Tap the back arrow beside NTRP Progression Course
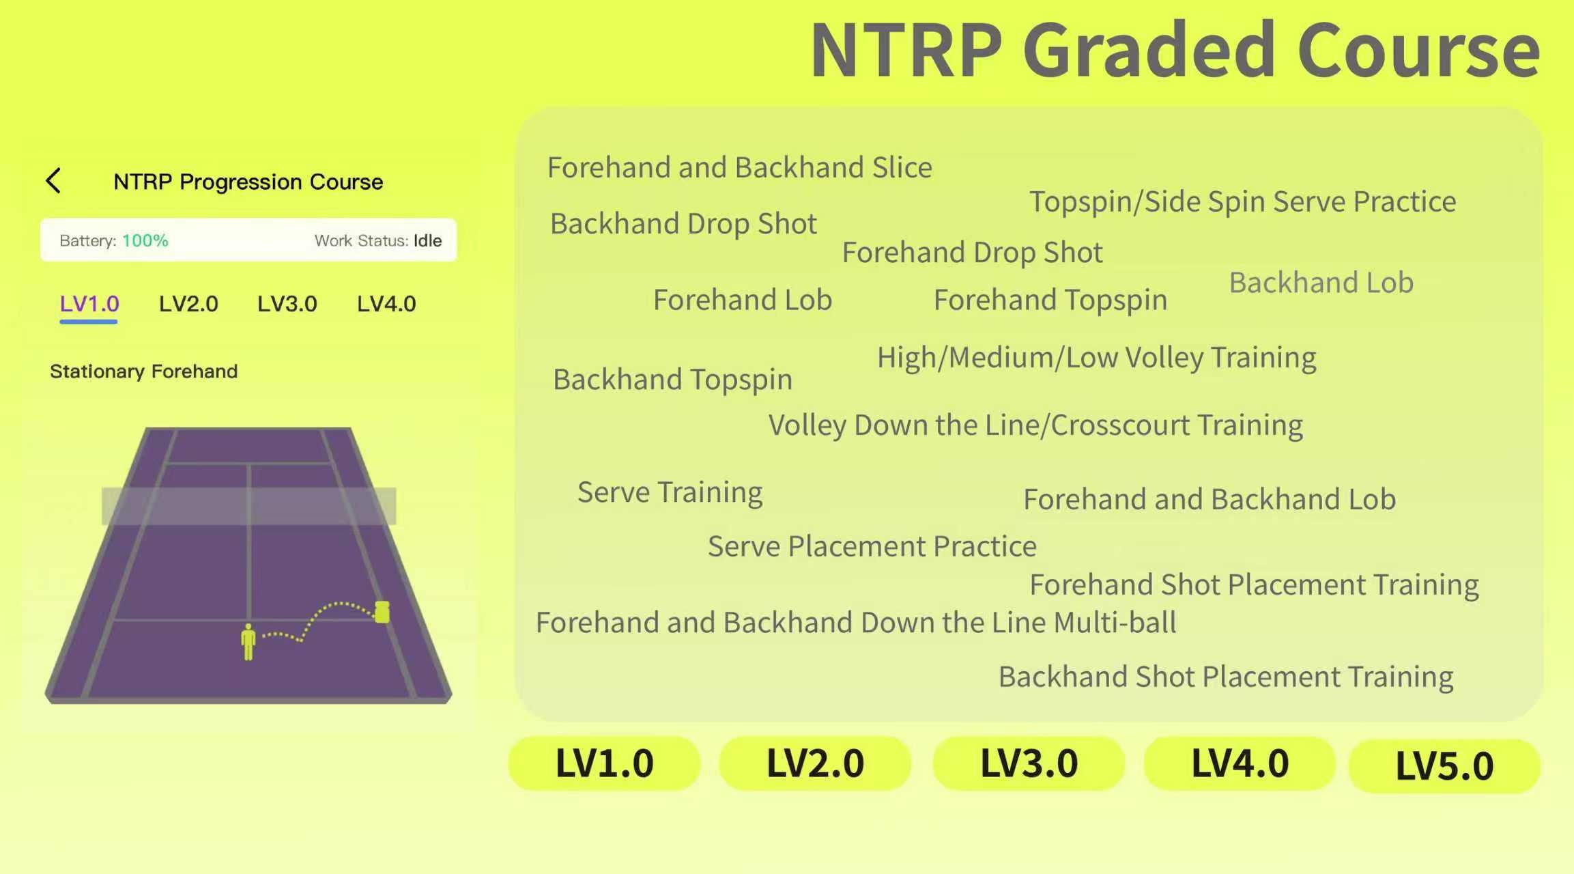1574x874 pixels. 53,181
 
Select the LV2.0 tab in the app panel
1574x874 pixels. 188,304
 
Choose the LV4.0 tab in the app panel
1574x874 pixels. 386,304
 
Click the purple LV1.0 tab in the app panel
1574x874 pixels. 89,304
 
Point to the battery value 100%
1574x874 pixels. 145,240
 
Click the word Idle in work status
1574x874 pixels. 427,240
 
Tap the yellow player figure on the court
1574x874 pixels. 248,642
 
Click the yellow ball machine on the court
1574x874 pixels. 382,612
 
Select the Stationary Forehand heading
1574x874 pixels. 144,371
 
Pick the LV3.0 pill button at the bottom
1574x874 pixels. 1029,763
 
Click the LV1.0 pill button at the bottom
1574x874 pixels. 605,763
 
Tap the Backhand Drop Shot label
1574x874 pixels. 683,224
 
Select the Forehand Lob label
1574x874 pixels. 743,300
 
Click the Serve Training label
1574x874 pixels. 670,493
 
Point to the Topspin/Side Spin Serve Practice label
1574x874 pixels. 1242,202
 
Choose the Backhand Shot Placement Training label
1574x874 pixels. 1226,677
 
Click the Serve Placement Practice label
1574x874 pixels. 872,546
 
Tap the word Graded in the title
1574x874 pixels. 1149,51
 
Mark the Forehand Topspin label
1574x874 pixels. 1050,300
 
